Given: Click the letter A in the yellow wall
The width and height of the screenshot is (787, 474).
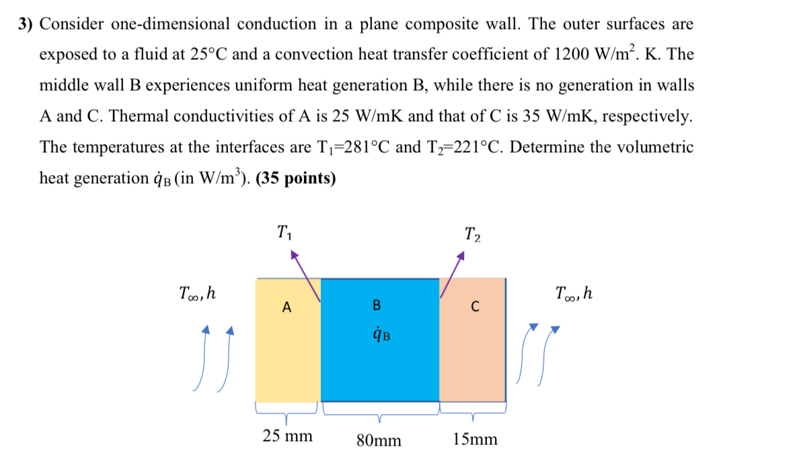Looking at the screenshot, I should click(287, 308).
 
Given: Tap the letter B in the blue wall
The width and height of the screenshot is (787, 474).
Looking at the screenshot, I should click(377, 306).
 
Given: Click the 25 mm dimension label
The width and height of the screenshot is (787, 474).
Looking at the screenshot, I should click(287, 436).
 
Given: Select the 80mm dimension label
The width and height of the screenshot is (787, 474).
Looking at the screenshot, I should click(379, 440).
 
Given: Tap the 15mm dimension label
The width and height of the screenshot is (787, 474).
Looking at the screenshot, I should click(476, 440).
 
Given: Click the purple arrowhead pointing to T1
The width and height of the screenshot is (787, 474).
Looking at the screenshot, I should click(293, 255).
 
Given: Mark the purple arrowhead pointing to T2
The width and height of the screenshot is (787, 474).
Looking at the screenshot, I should click(461, 255).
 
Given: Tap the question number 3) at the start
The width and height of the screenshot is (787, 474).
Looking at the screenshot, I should click(26, 24).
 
